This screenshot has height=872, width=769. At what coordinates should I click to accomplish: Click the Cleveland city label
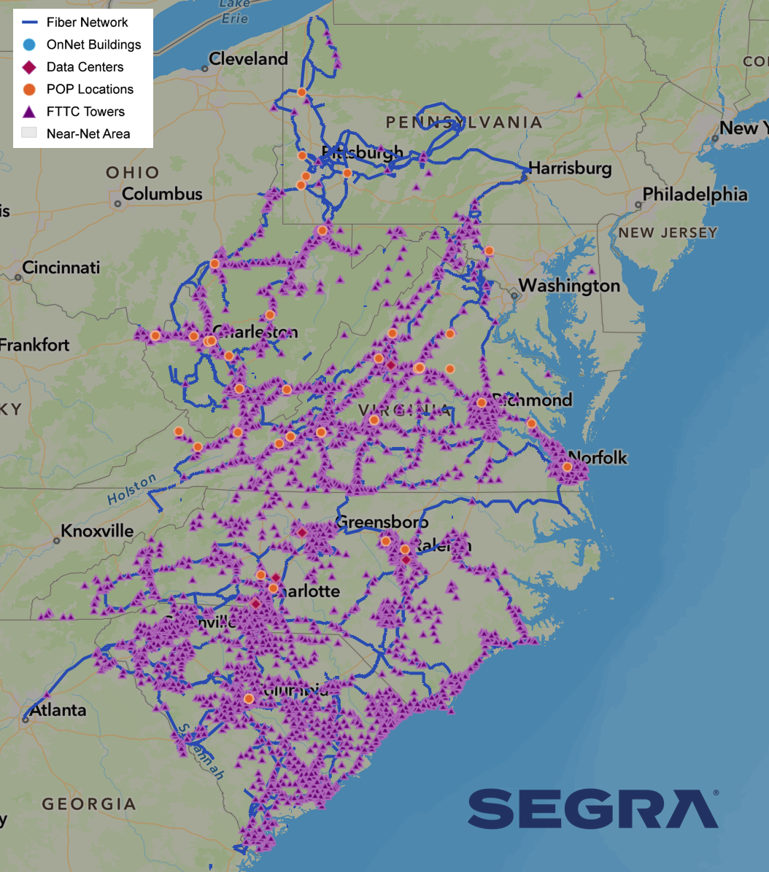[x=248, y=59]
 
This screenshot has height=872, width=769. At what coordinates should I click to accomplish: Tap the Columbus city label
[x=162, y=194]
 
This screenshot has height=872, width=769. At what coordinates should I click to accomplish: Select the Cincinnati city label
[x=61, y=268]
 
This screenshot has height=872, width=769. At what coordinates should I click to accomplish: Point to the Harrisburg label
[x=569, y=168]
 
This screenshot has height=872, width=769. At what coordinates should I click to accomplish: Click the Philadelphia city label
[x=695, y=195]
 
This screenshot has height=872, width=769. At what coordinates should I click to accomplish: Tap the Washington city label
[x=569, y=286]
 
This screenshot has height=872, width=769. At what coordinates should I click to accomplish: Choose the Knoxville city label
[x=97, y=530]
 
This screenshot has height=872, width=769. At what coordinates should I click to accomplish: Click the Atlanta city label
[x=58, y=710]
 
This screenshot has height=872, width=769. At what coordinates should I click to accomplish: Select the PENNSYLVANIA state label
[x=463, y=122]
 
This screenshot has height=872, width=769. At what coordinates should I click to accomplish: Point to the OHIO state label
[x=132, y=173]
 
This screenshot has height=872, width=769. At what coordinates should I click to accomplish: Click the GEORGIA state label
[x=89, y=804]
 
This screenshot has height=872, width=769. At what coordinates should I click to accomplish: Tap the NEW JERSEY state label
[x=668, y=233]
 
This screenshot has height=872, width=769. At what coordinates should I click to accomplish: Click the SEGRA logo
[x=592, y=809]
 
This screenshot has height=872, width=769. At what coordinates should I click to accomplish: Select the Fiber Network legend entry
[x=87, y=23]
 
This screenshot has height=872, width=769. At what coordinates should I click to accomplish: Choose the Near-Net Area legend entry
[x=88, y=133]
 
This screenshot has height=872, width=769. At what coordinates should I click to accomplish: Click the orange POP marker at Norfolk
[x=567, y=467]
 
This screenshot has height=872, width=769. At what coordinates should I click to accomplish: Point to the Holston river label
[x=132, y=488]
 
